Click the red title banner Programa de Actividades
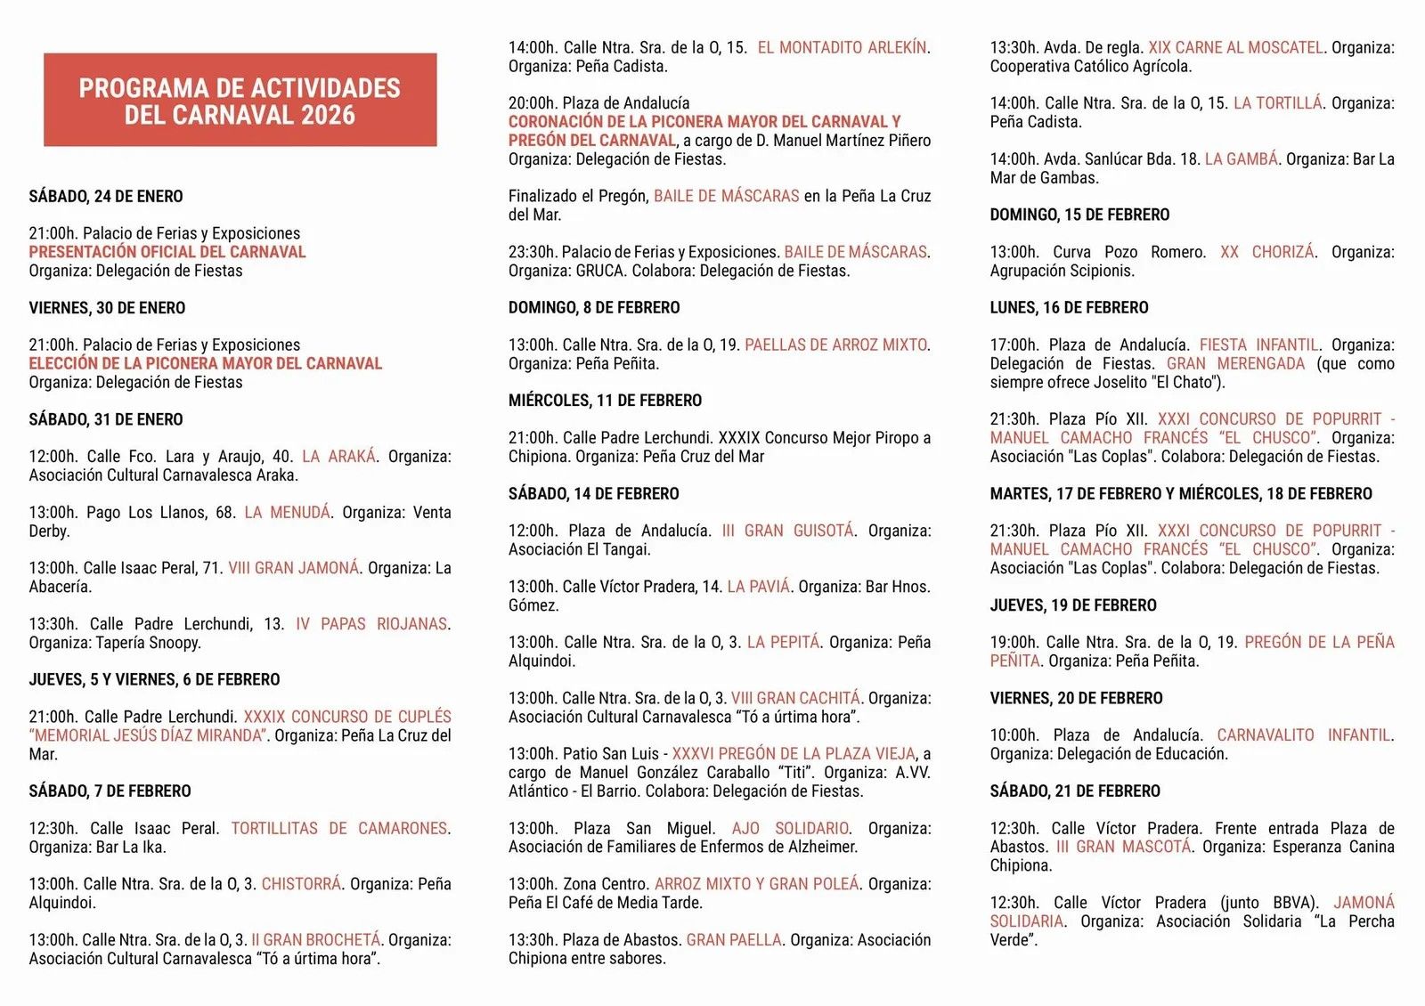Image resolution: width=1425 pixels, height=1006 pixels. point(240,101)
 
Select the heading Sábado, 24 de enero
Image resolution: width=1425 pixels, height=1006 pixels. point(106,197)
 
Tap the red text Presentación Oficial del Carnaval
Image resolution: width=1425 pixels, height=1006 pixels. point(167,252)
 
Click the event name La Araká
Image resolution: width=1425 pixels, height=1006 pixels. point(338,457)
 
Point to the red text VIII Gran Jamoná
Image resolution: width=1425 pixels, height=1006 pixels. point(294,568)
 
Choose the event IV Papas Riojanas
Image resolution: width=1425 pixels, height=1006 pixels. point(371,624)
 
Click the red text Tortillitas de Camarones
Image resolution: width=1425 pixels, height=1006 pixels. point(339,829)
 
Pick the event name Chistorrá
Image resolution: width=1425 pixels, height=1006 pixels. point(301,884)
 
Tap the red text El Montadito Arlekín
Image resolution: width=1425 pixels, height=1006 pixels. point(842,48)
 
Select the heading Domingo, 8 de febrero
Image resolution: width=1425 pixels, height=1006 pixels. point(594,308)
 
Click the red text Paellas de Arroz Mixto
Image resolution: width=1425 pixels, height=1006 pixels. point(835,345)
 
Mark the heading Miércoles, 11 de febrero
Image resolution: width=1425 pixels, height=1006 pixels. point(605,401)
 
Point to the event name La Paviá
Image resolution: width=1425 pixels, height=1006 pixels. point(758,587)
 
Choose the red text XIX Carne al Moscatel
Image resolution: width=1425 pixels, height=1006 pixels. point(1235,48)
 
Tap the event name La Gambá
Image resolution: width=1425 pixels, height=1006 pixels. point(1241,159)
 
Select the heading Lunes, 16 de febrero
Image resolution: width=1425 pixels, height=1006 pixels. point(1069,308)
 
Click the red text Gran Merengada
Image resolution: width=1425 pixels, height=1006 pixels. point(1235,364)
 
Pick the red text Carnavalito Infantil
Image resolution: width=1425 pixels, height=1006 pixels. point(1304,735)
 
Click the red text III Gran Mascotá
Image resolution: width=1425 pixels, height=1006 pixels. point(1123,848)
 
